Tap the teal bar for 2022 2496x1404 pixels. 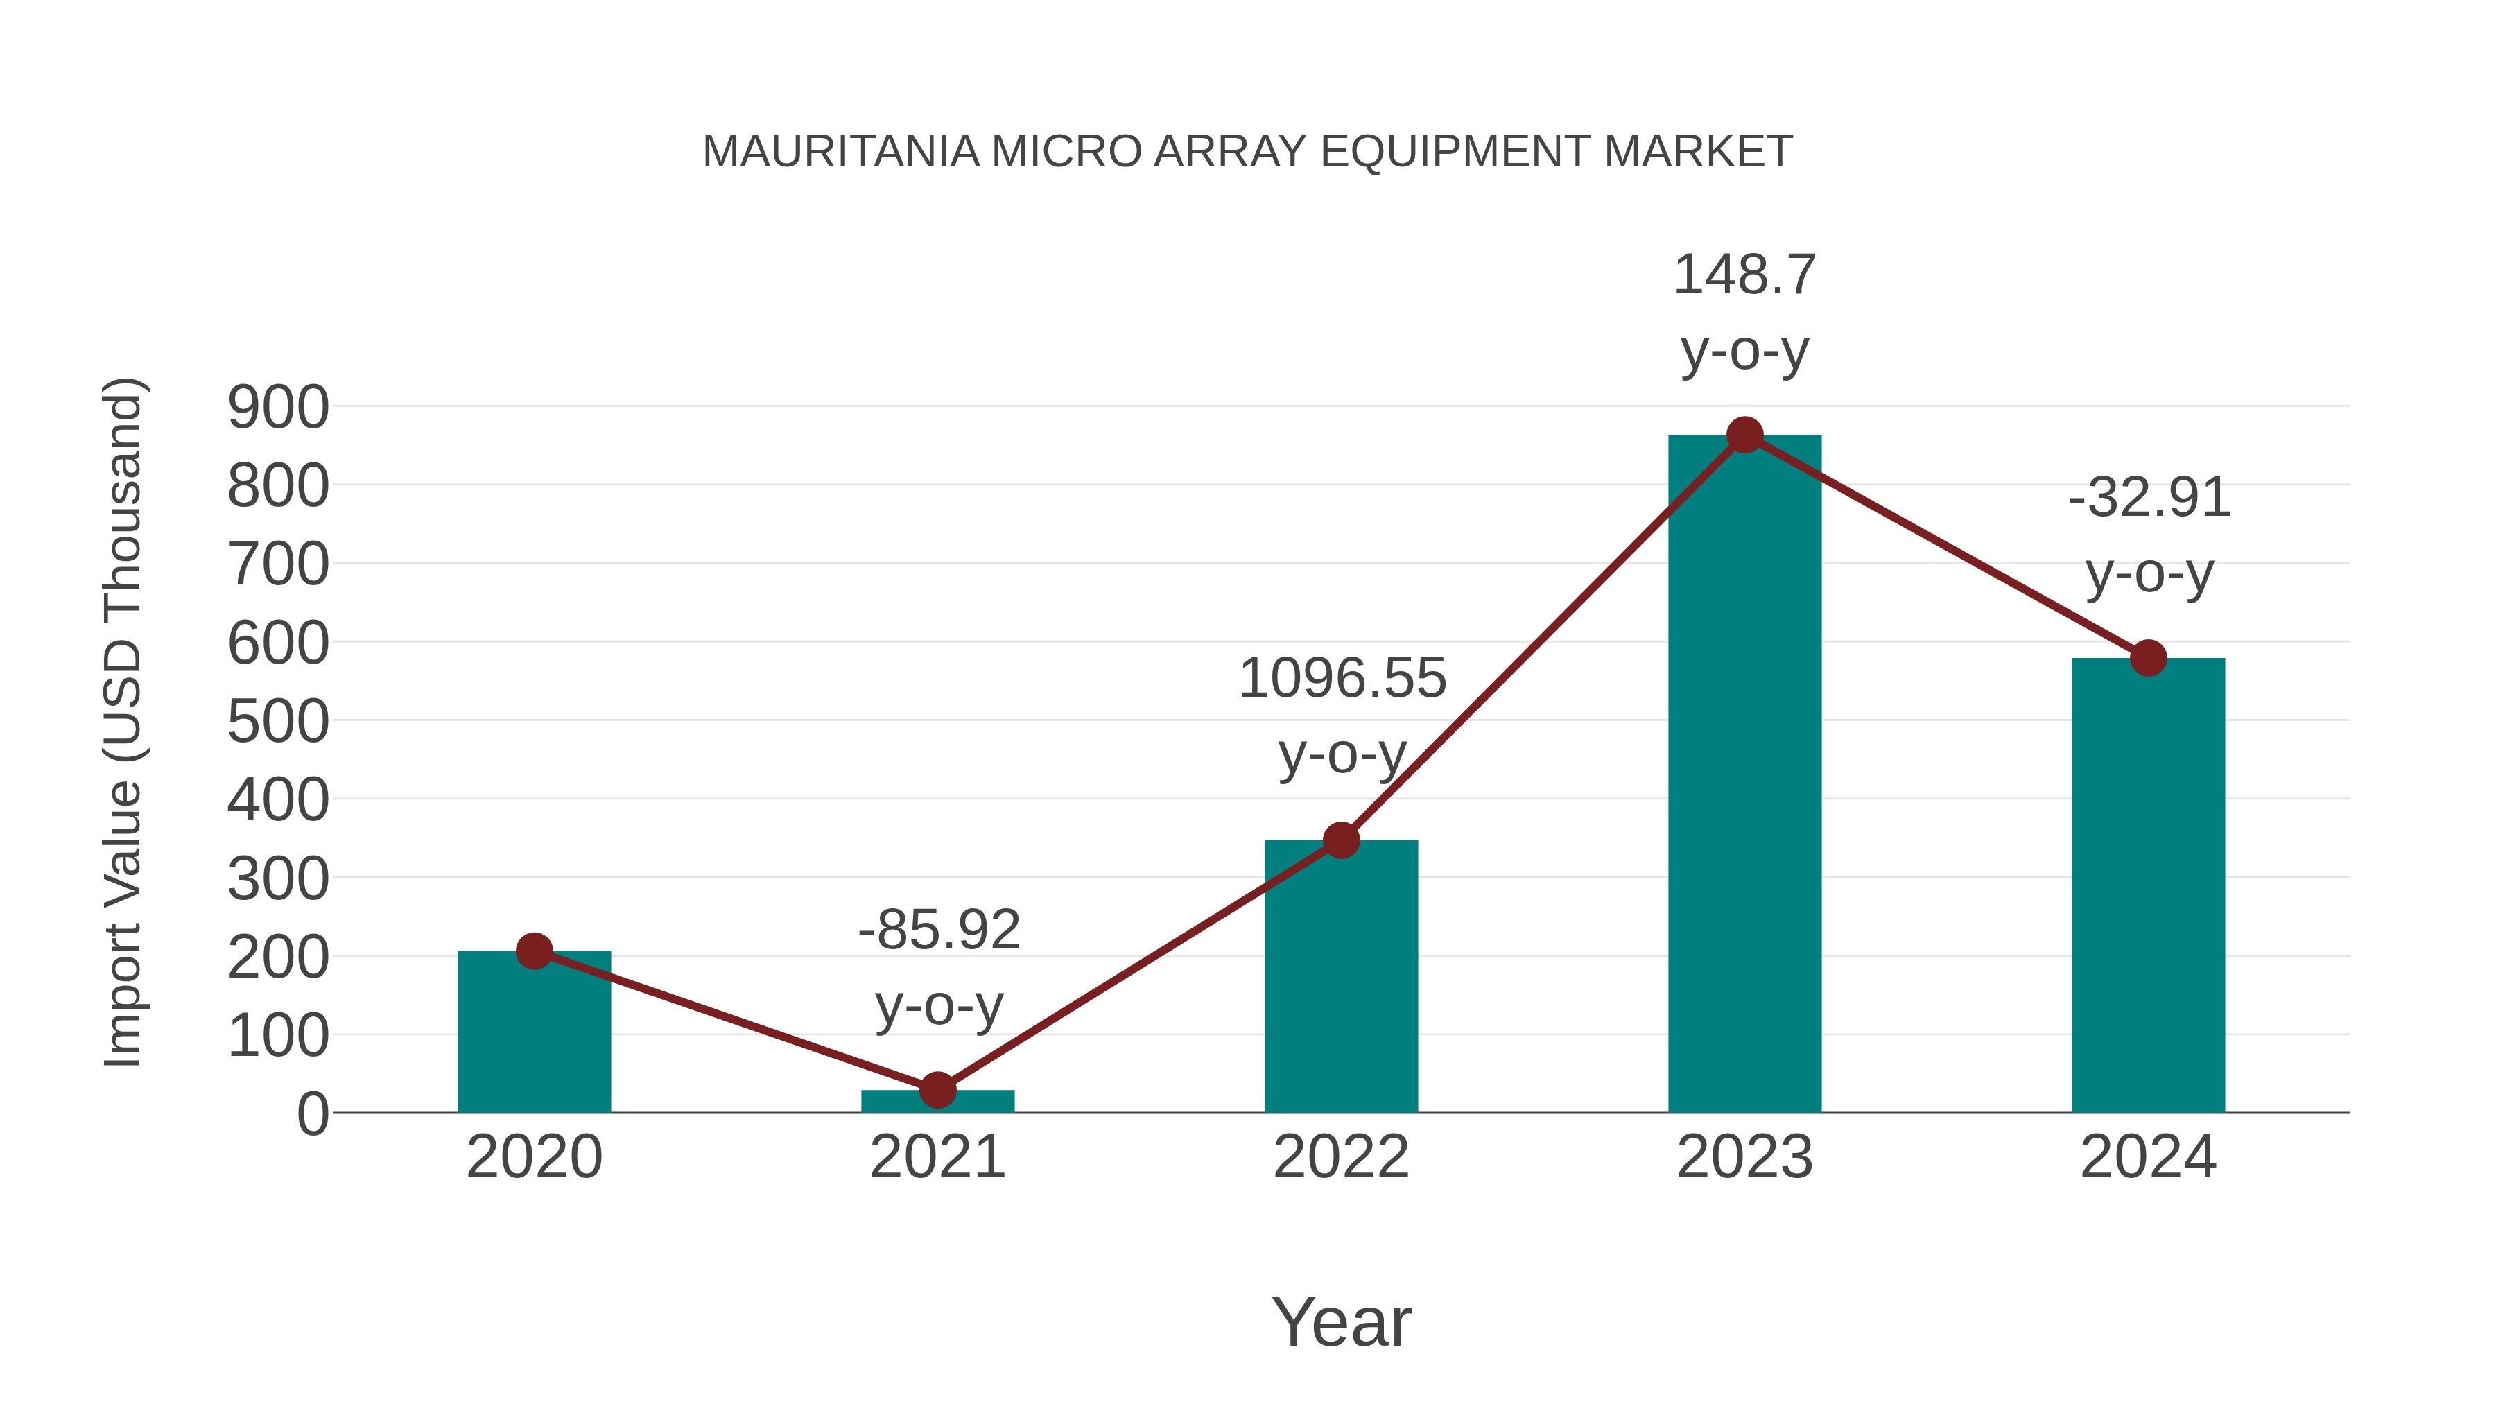tap(1341, 978)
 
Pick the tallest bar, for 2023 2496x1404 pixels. tap(1744, 775)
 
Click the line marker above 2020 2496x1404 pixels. tap(534, 951)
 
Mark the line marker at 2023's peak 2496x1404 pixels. tap(1744, 435)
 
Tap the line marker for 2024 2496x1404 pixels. tap(2148, 659)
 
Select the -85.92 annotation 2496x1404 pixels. tap(939, 930)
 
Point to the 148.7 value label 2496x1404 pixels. tap(1744, 275)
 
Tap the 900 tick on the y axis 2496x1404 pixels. tap(278, 407)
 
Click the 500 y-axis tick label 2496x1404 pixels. tap(278, 722)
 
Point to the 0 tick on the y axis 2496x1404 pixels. tap(312, 1114)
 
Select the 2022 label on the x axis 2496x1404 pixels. tap(1341, 1157)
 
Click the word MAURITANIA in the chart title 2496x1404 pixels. tap(840, 152)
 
